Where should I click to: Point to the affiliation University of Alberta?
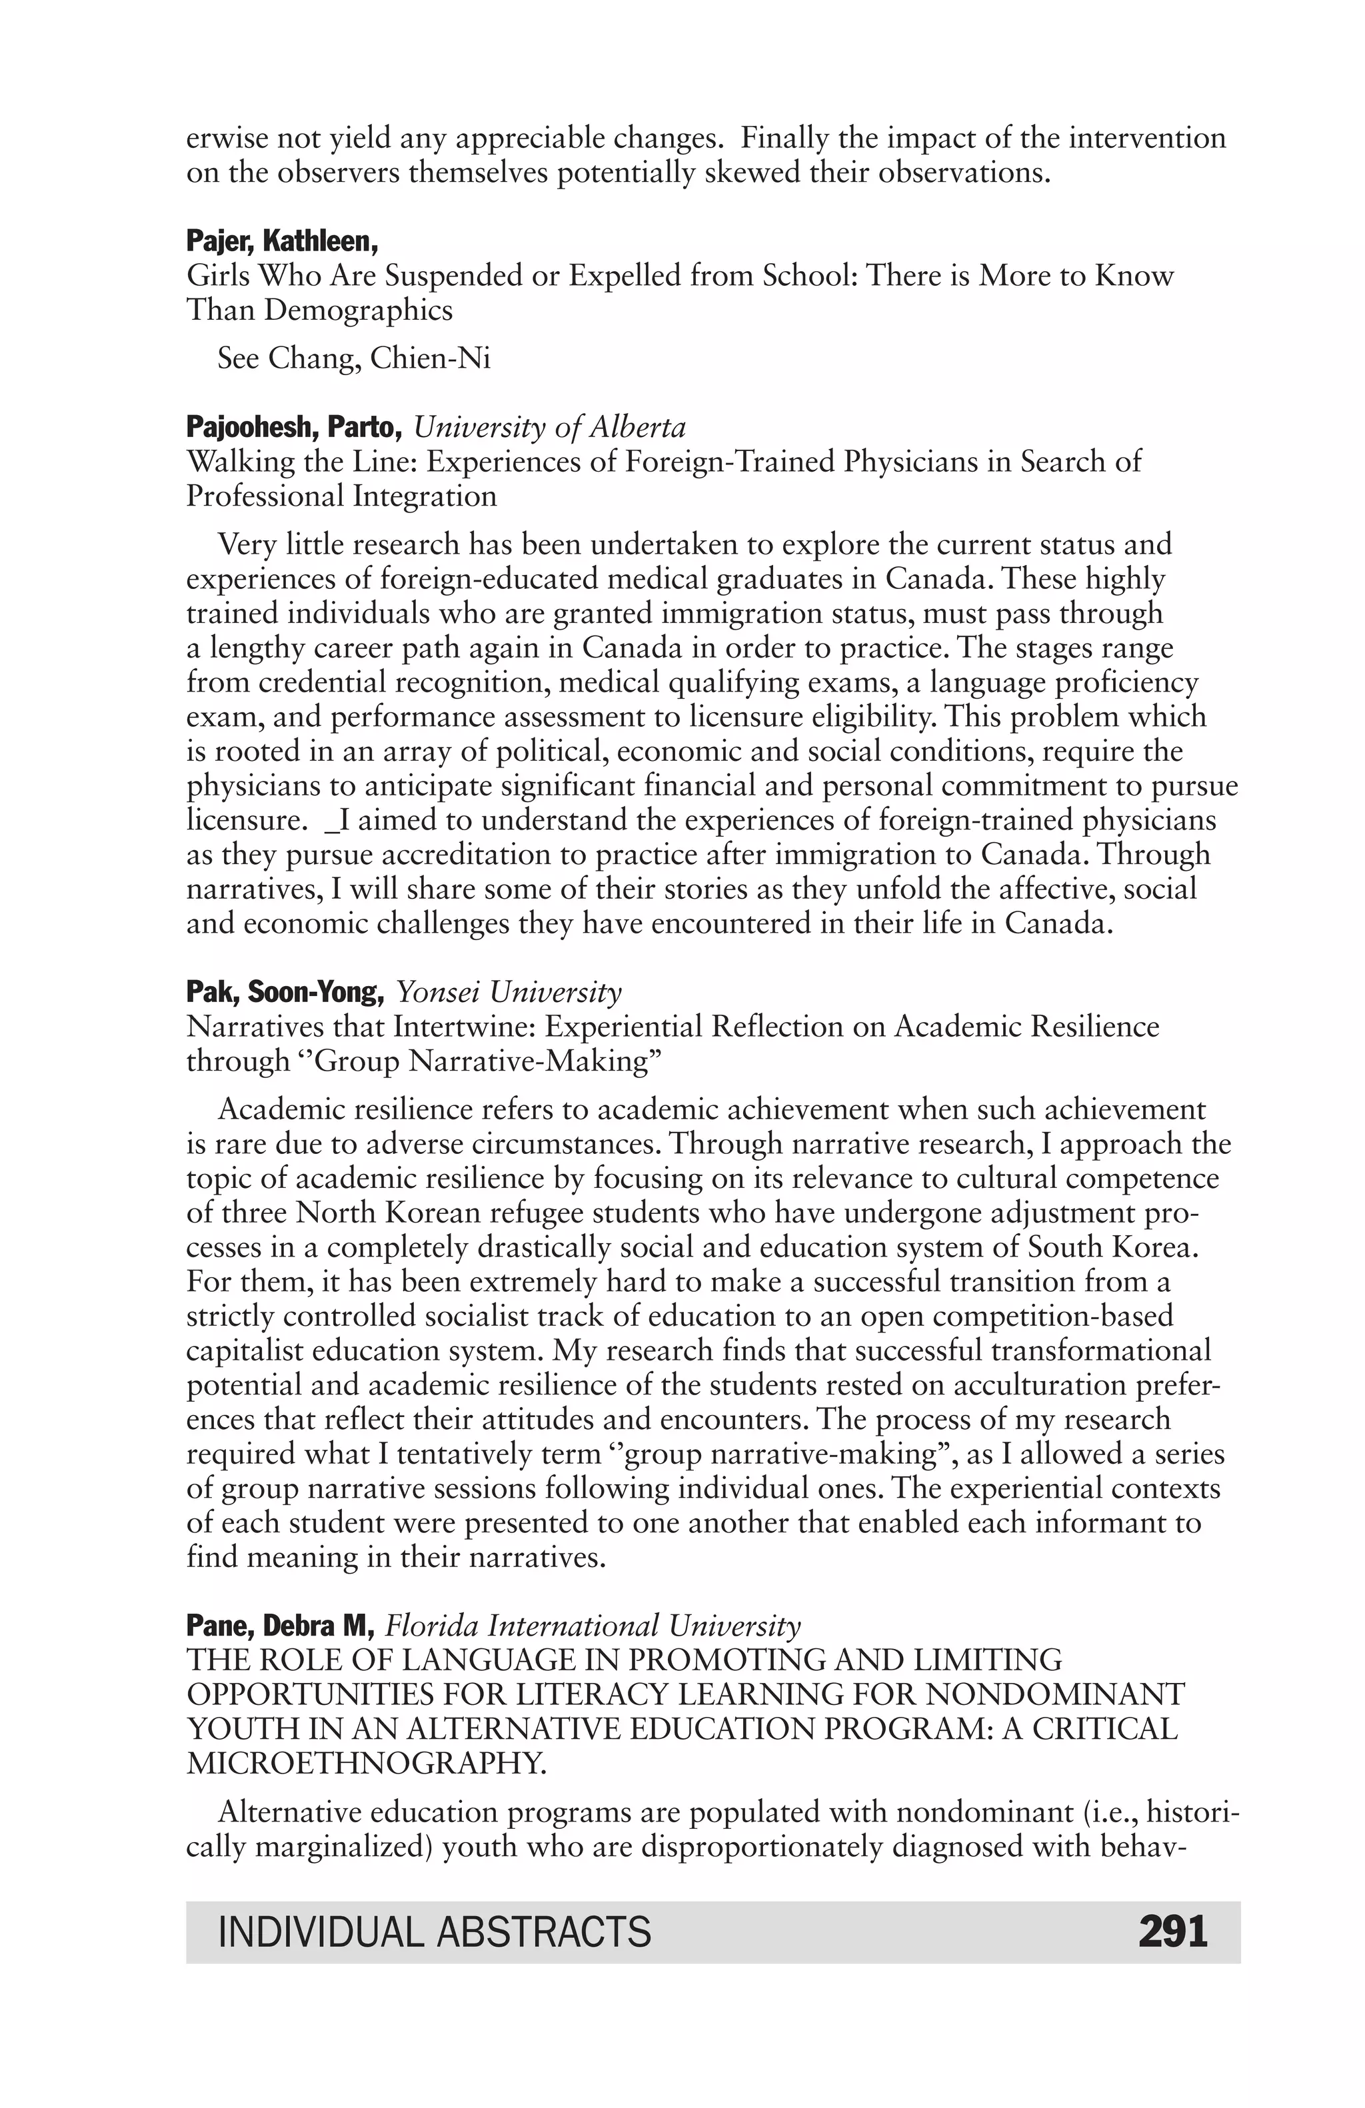click(549, 427)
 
